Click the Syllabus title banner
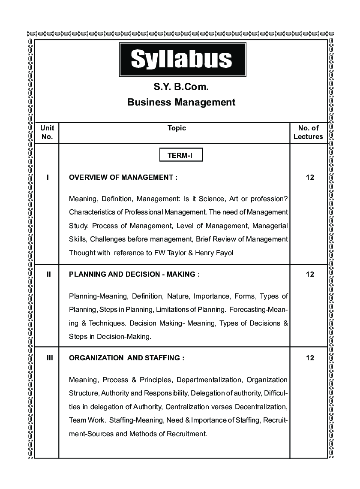pos(182,59)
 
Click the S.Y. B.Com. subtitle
pos(181,87)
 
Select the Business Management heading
pos(181,102)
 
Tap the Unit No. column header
pos(47,132)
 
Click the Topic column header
pos(177,128)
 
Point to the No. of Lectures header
pos(308,132)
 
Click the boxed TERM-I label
pos(180,155)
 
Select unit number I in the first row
pos(48,177)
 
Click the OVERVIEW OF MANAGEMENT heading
pos(123,177)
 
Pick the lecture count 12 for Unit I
pos(310,177)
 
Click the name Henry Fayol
pos(214,253)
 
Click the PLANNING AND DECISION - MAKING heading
pos(134,275)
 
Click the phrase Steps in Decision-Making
pos(110,337)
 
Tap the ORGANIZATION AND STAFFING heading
pos(126,358)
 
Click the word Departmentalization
pos(209,380)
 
